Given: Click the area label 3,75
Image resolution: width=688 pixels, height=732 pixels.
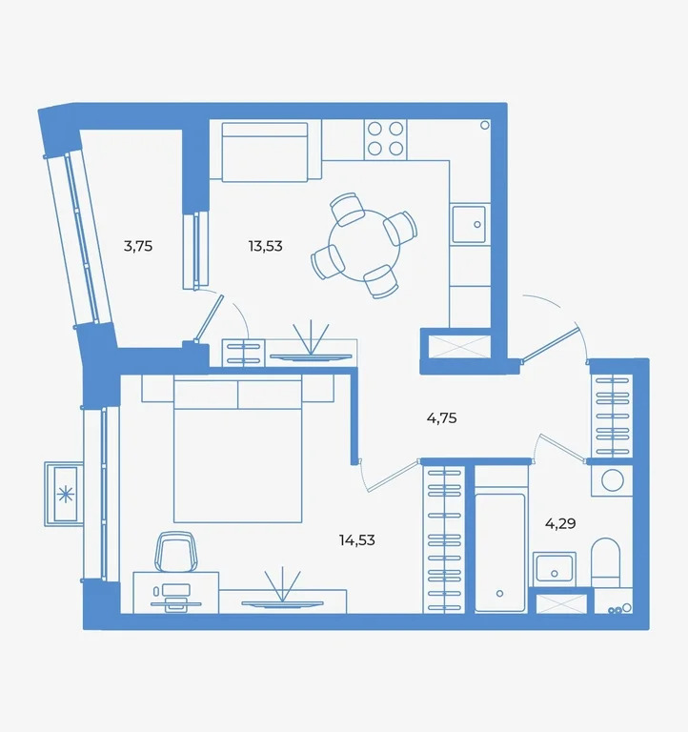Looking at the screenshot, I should pos(138,246).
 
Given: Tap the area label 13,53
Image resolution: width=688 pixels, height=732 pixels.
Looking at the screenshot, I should pos(265,246).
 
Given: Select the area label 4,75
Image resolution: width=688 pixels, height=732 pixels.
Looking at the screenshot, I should pos(443,417).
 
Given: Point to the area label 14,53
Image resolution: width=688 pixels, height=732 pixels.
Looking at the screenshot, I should pos(356,540).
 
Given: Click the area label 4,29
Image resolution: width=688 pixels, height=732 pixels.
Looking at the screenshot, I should pos(560,522).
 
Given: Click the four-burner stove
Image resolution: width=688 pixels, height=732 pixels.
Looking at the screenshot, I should pos(385,138).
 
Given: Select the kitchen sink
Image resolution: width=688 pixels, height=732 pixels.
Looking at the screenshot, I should pos(469,226).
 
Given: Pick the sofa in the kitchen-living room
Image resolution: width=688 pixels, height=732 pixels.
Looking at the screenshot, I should pos(265,152).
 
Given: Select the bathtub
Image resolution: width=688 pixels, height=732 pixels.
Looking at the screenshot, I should pos(500,551).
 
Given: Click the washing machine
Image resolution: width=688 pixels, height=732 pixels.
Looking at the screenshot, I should pos(610,480).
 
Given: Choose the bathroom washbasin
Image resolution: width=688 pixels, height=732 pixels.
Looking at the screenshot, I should pos(554,570).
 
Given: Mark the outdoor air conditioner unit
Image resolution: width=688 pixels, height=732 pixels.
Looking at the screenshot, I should pos(65,493).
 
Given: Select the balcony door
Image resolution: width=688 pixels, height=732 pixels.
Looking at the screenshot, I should pos(210,319).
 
